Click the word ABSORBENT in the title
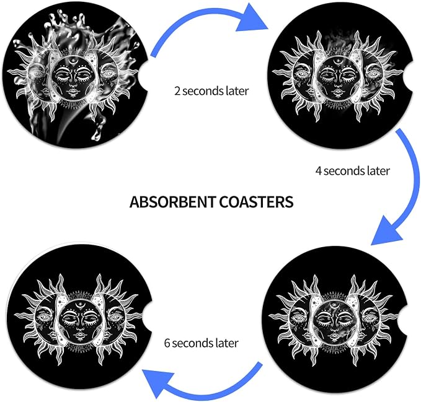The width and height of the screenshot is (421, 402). (173, 202)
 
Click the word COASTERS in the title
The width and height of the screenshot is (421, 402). (257, 202)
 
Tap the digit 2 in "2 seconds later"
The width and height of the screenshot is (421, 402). (177, 91)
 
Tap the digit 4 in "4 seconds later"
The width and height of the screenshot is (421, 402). (319, 171)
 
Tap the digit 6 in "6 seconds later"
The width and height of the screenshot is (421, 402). (167, 343)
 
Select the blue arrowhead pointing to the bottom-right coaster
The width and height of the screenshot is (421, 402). (387, 229)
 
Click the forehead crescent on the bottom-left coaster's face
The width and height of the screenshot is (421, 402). (80, 304)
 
